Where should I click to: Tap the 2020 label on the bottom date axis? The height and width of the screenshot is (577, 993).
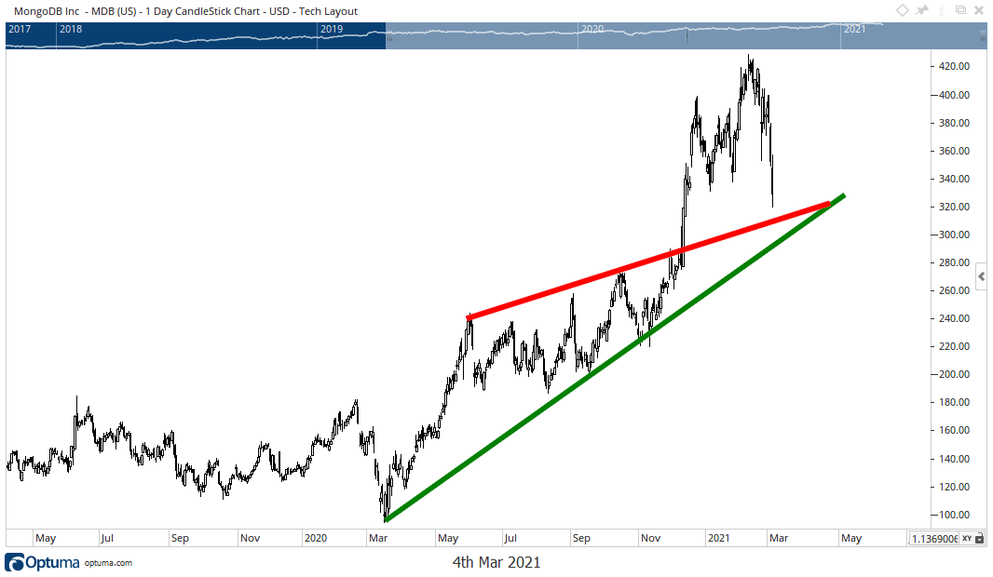click(316, 538)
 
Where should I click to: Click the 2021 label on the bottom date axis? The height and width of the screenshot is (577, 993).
click(717, 538)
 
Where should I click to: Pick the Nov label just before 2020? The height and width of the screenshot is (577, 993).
click(250, 538)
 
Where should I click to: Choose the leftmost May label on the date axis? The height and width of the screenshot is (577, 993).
click(45, 538)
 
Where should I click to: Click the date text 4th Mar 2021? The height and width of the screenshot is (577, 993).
click(496, 562)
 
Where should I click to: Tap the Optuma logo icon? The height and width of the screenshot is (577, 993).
click(14, 562)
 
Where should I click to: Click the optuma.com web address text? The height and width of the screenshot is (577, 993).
click(108, 563)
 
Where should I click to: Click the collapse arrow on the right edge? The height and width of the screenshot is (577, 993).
click(981, 276)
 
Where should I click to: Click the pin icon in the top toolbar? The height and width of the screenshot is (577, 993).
click(922, 10)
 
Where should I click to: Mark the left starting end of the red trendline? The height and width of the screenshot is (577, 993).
click(468, 318)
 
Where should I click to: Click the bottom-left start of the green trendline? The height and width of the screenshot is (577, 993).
click(385, 519)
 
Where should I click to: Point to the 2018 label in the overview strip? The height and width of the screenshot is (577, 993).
click(70, 29)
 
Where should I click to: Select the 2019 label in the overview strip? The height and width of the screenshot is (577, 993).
click(332, 29)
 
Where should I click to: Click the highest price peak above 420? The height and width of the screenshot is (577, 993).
click(750, 58)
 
